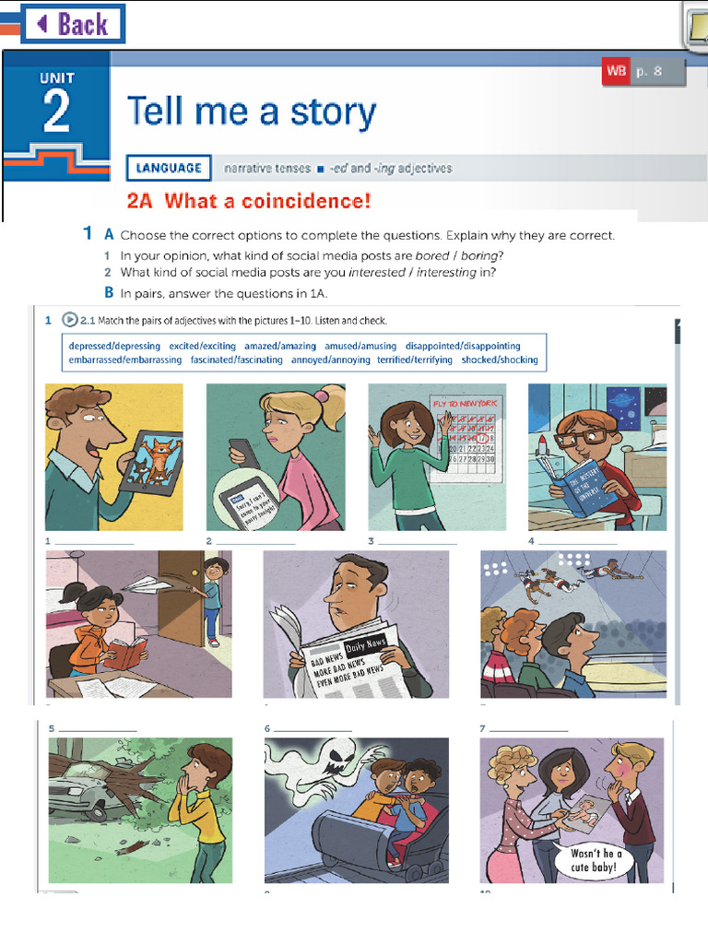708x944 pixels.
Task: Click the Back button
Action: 73,24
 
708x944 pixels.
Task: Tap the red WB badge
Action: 615,71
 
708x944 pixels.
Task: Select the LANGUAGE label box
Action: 169,168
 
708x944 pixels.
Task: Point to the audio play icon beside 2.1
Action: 70,321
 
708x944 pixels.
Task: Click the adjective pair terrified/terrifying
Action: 416,360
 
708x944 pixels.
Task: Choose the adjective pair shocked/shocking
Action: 499,360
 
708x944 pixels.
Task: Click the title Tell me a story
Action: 252,112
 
